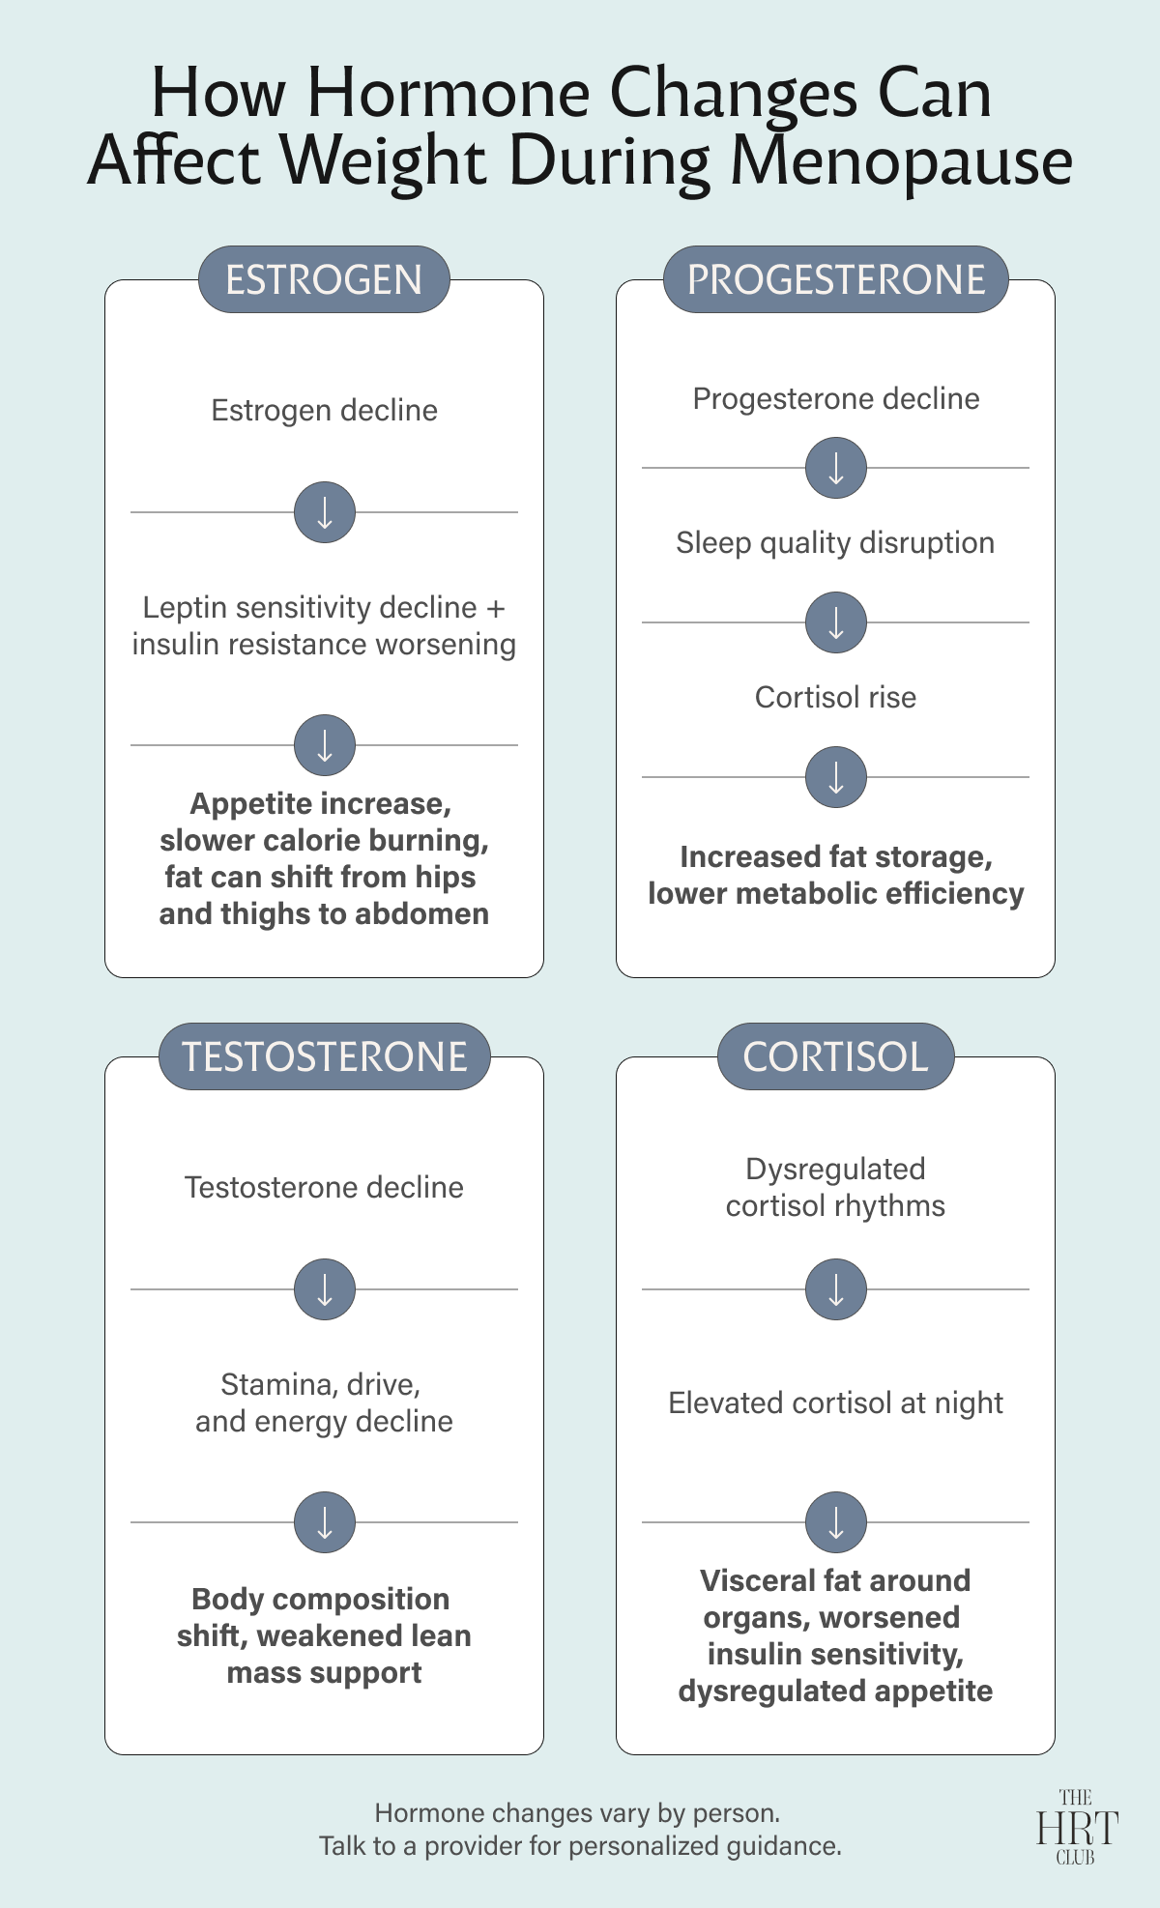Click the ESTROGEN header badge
tap(324, 279)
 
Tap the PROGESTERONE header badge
tap(836, 279)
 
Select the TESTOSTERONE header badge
tap(325, 1056)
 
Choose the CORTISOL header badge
tap(836, 1056)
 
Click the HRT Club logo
tap(1077, 1827)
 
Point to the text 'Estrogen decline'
tap(325, 411)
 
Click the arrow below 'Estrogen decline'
tap(325, 512)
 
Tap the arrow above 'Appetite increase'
tap(325, 745)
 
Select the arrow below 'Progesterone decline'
tap(836, 468)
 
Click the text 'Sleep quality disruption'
tap(835, 543)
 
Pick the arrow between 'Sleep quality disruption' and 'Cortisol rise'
tap(836, 622)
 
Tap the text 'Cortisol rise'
tap(835, 697)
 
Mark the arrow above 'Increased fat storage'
tap(836, 777)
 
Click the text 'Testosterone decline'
tap(325, 1187)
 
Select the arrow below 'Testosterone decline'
tap(325, 1289)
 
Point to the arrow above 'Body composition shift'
tap(325, 1522)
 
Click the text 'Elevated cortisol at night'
tap(836, 1403)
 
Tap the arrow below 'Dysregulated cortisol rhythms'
tap(836, 1289)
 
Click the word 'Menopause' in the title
tap(901, 162)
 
